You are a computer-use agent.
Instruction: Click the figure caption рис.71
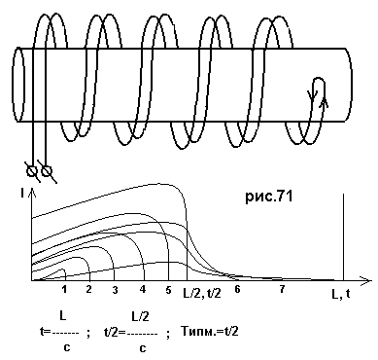point(269,197)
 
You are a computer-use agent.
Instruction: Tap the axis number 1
point(64,289)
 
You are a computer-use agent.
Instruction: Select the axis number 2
point(88,289)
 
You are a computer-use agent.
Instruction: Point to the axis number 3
point(115,289)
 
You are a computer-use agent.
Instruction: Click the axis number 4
point(143,289)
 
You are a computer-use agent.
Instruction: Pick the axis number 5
point(168,290)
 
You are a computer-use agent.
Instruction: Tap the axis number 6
point(237,289)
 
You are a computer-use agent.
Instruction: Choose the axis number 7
point(282,289)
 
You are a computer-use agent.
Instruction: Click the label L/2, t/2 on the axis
point(202,294)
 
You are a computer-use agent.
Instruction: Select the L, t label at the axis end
point(340,294)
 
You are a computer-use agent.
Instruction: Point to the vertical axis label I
point(22,194)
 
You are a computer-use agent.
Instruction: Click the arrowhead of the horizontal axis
point(365,280)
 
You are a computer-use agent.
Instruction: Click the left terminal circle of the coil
point(32,171)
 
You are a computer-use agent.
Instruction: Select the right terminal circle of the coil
point(47,171)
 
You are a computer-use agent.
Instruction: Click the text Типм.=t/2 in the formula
point(209,332)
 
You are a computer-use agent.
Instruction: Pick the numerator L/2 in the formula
point(140,316)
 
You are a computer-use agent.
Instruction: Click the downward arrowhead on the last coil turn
point(312,94)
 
